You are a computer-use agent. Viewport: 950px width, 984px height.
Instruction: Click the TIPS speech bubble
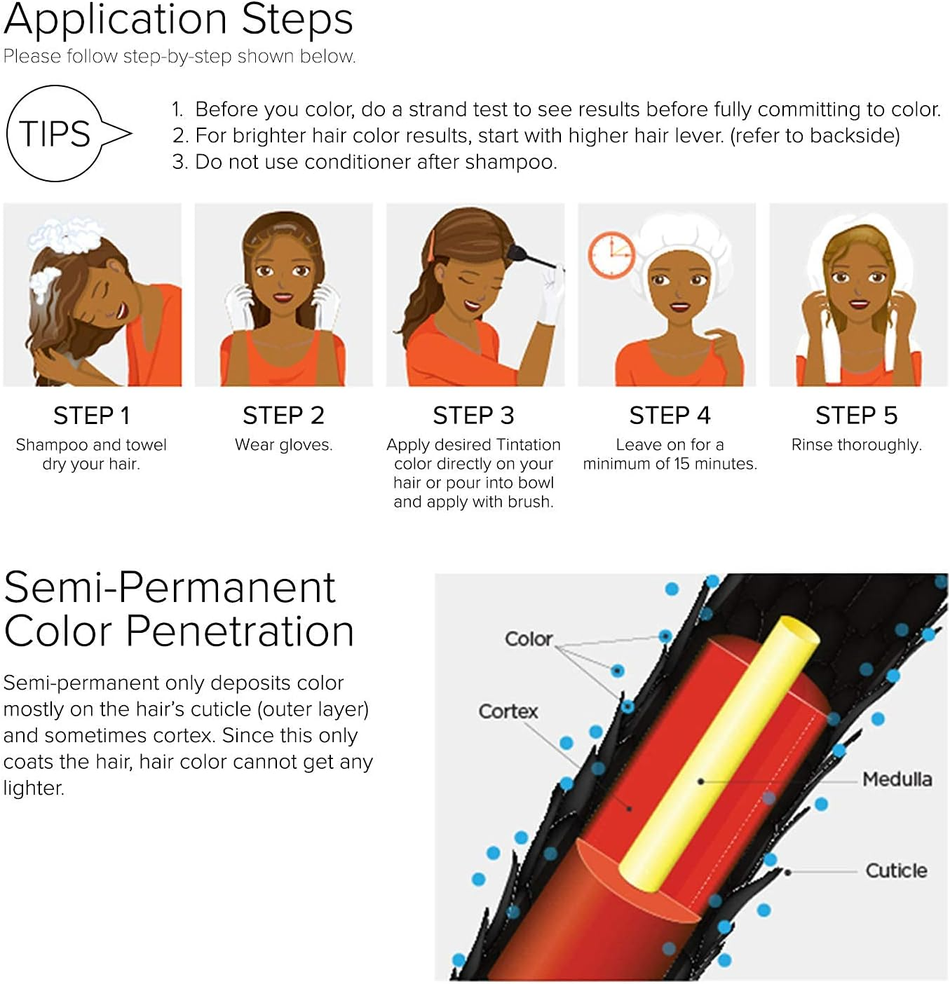tap(56, 134)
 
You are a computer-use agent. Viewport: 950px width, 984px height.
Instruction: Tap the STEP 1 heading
tap(92, 416)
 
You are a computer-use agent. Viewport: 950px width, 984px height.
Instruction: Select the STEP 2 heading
tap(283, 416)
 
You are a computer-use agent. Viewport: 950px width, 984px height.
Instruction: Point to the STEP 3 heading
tap(473, 416)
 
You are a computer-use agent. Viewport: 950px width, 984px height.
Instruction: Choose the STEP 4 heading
tap(670, 416)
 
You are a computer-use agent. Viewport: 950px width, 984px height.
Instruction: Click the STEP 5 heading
tap(856, 416)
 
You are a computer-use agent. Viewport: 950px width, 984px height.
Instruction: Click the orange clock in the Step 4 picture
tap(611, 255)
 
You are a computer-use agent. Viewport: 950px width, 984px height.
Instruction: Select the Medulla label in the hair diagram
tap(897, 779)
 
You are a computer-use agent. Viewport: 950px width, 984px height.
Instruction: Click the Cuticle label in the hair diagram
tap(896, 870)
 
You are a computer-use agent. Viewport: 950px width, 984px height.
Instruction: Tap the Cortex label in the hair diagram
tap(508, 711)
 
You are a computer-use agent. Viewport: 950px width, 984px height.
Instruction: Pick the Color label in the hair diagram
tap(529, 639)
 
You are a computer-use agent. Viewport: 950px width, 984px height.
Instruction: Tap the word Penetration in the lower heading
tap(240, 631)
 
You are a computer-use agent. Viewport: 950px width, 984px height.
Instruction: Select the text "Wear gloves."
tap(283, 445)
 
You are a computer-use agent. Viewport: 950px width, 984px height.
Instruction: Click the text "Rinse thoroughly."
tap(856, 445)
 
